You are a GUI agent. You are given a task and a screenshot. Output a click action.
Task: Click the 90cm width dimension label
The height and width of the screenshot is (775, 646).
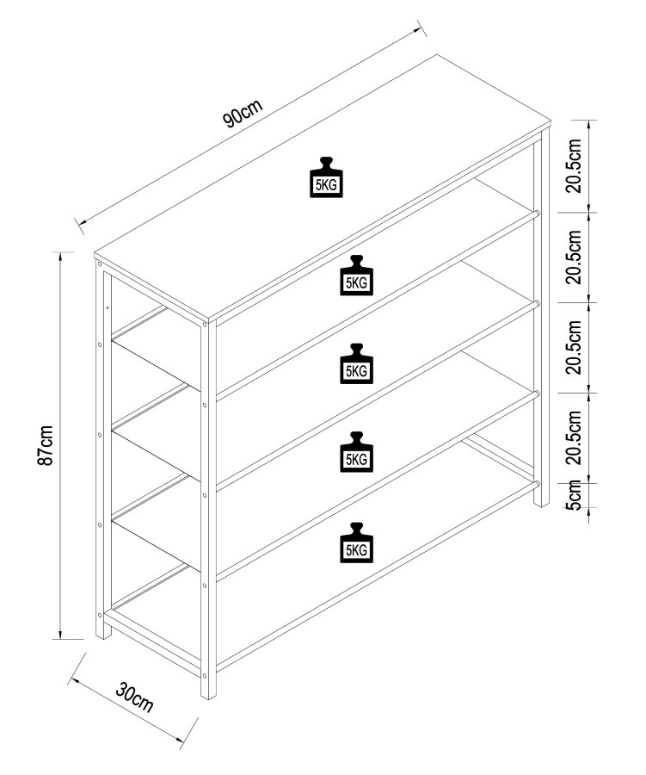coord(243,115)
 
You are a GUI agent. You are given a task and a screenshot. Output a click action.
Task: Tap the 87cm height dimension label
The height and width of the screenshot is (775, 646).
coord(48,445)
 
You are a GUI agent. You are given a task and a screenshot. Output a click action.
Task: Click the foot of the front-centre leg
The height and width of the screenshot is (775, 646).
coord(209,693)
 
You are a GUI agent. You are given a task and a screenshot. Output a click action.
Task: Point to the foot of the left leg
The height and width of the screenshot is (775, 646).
coord(102,634)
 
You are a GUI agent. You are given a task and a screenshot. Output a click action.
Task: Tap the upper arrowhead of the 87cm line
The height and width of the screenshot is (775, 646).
coord(60,256)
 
